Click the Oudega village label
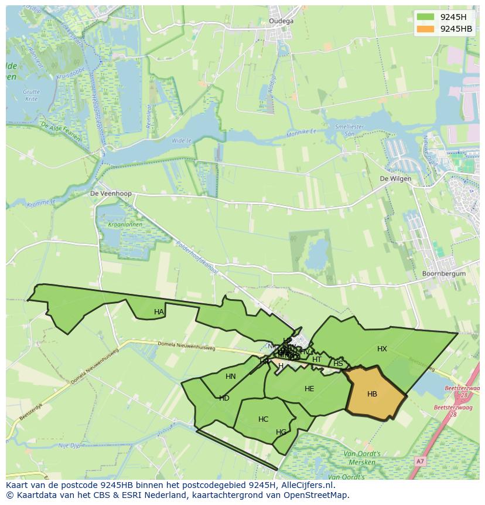[281, 21]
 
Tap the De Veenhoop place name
[111, 193]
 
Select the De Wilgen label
[395, 179]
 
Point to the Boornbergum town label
[443, 273]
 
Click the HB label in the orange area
[372, 394]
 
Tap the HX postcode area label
[382, 349]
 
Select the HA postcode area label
[159, 312]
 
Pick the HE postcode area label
[309, 389]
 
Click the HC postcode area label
[263, 419]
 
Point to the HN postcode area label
[231, 377]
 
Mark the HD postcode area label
[224, 398]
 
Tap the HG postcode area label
[281, 432]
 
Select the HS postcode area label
[338, 364]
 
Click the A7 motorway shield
[419, 462]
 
